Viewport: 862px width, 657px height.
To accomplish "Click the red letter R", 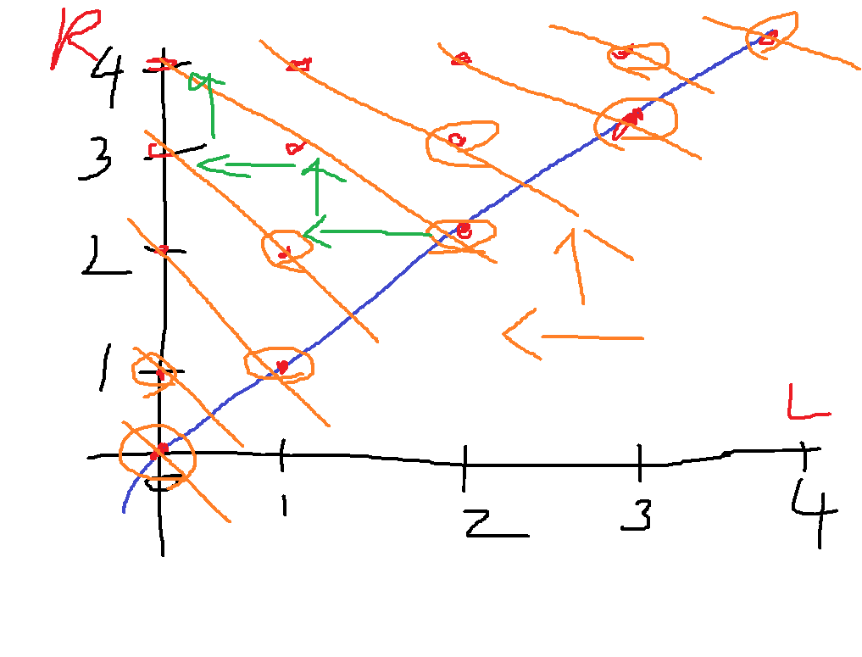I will [72, 38].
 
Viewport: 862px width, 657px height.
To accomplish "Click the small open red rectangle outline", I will [158, 150].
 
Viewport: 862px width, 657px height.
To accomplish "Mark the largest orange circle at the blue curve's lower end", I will [158, 453].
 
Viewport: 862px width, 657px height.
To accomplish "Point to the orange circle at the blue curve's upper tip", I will [771, 35].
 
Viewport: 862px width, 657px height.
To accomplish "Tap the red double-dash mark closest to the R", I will [161, 64].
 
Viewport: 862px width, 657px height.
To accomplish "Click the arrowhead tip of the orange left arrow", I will [505, 334].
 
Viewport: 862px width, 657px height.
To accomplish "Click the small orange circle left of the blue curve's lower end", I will [153, 370].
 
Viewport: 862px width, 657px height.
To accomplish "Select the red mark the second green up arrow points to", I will [294, 148].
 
